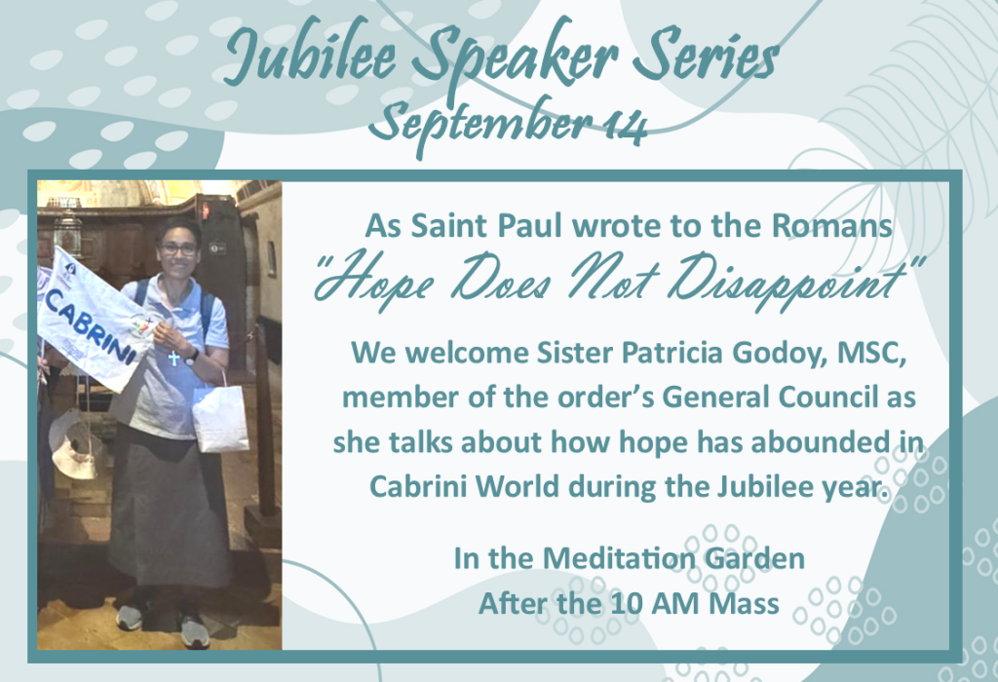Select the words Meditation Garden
673,558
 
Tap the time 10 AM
655,603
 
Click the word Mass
744,603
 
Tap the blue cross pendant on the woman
173,359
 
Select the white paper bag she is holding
220,417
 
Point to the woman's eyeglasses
178,249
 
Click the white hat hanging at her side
75,444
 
